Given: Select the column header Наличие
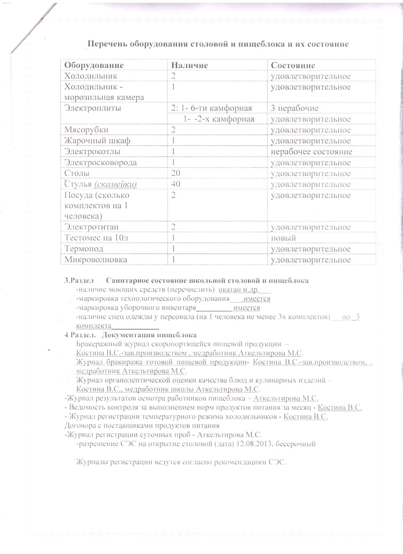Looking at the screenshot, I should pos(190,65).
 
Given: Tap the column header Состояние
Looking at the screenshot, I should pos(293,65).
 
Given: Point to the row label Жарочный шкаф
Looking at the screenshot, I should pos(97,141).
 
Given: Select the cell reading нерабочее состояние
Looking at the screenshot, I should pos(311,152).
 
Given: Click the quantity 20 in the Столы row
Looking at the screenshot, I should pos(176,173).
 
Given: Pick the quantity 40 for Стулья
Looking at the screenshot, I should pos(176,184).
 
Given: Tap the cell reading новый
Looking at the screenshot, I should pos(283,238).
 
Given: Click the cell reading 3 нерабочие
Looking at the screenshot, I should pos(295,108).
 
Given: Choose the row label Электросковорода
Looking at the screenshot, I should pos(100,162).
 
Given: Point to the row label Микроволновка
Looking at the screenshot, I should pos(96,260).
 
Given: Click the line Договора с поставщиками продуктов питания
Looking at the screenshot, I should pos(142,426).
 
